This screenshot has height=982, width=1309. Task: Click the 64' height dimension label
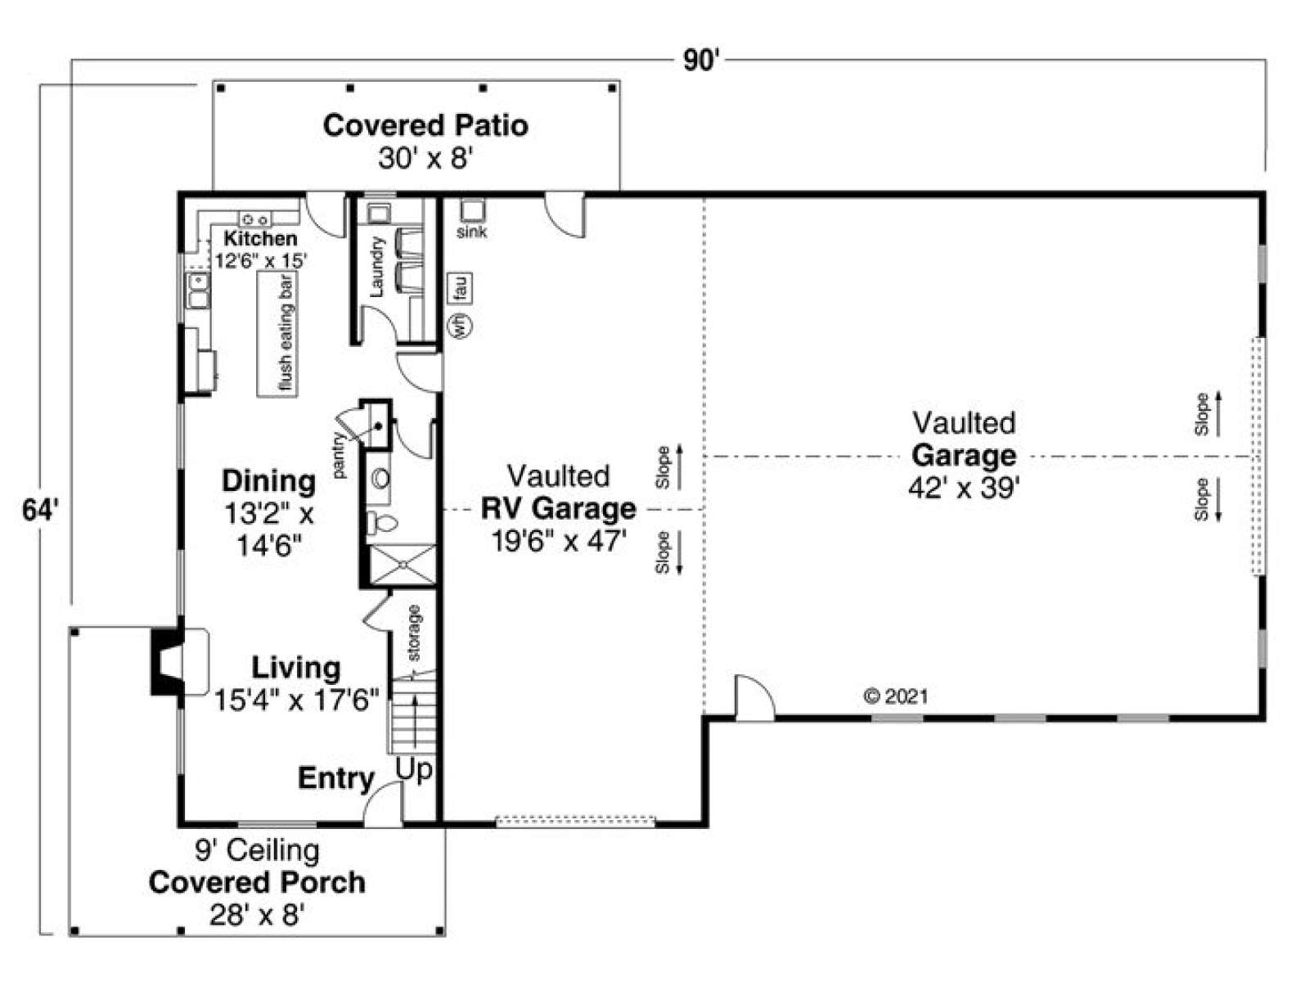41,511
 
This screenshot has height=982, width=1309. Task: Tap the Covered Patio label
425,126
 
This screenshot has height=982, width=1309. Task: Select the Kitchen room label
261,238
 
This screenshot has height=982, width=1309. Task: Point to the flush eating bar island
277,333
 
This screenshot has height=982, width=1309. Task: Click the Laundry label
377,267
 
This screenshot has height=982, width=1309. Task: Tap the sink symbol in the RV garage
472,210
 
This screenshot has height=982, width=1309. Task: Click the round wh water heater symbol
461,327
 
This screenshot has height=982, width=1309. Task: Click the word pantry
340,456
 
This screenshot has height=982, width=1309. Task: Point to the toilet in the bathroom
382,523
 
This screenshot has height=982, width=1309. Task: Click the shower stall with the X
403,564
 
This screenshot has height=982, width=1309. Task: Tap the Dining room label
269,481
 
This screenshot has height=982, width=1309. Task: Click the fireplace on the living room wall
166,661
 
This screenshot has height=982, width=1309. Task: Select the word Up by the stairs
414,770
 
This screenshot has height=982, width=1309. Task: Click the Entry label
335,777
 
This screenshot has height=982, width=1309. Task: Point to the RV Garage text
559,508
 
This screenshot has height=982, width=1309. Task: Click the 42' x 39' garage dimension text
964,489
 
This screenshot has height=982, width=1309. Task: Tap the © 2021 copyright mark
896,696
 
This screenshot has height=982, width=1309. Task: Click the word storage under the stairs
415,633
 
